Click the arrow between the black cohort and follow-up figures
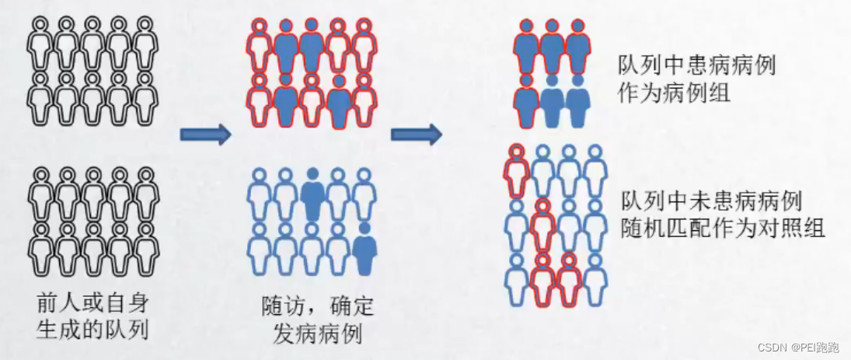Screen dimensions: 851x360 [206, 135]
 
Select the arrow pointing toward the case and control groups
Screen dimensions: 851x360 [416, 135]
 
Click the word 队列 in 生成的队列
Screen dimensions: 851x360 [130, 330]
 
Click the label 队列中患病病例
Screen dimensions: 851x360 [697, 65]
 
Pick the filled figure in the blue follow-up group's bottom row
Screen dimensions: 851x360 [363, 250]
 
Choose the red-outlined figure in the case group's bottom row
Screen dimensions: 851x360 [525, 98]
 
